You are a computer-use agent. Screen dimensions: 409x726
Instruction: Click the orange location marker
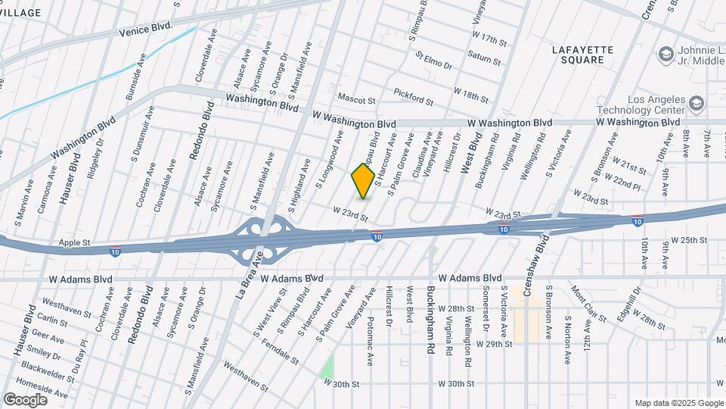pyautogui.click(x=364, y=180)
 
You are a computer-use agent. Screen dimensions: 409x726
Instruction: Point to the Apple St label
pyautogui.click(x=75, y=243)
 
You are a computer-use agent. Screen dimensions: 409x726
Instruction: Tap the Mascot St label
pyautogui.click(x=356, y=100)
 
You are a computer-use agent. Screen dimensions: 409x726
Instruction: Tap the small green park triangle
pyautogui.click(x=327, y=368)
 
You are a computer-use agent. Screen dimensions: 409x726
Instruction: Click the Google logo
pyautogui.click(x=25, y=399)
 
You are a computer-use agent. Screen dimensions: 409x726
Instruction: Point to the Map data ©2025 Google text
pyautogui.click(x=678, y=403)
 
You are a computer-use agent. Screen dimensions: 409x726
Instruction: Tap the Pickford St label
pyautogui.click(x=413, y=96)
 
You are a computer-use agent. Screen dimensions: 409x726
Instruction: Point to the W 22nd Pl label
pyautogui.click(x=626, y=182)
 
